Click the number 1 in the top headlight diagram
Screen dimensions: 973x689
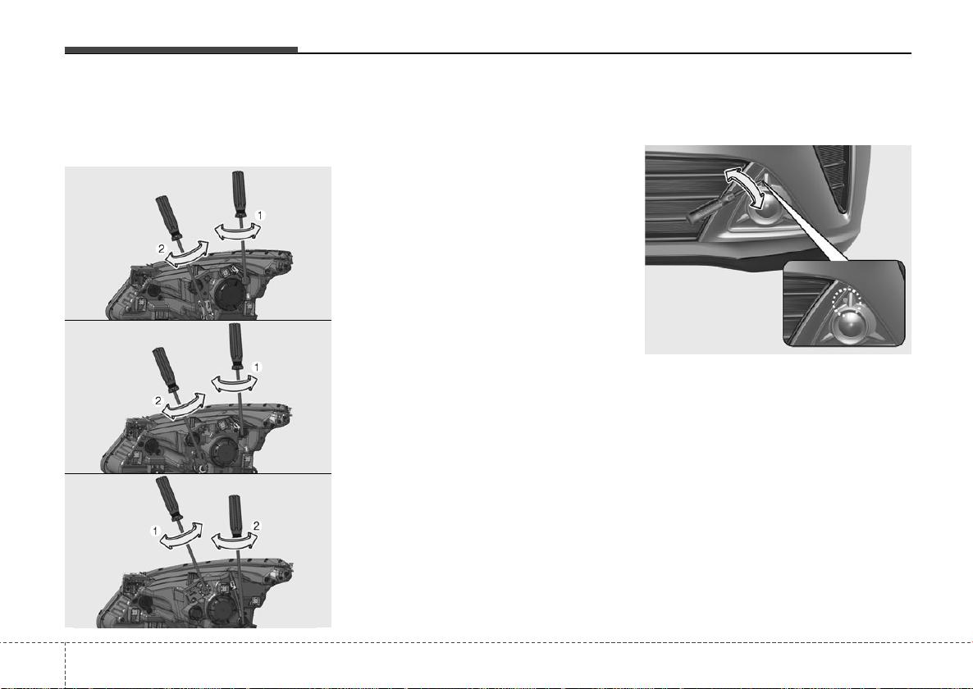point(261,215)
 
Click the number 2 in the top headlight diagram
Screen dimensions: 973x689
point(162,249)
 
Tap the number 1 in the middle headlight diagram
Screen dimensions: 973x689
point(257,367)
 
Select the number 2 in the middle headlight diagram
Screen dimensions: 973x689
point(158,400)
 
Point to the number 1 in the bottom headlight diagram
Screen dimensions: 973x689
point(155,532)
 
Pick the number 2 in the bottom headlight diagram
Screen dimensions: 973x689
point(256,526)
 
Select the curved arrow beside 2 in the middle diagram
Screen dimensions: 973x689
point(184,406)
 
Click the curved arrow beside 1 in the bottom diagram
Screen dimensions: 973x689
point(180,538)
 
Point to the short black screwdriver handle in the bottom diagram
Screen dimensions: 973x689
point(236,513)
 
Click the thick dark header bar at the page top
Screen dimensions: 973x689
point(181,50)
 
